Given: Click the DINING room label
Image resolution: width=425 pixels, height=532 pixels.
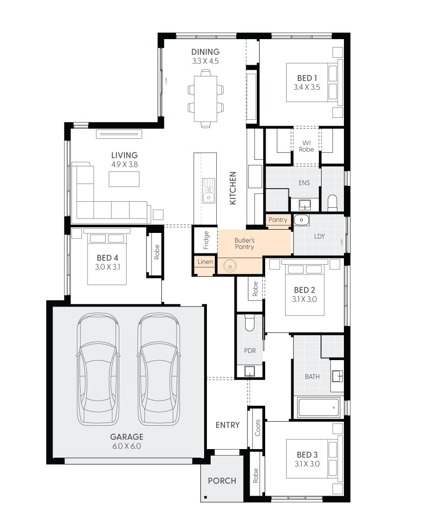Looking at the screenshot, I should tap(206, 52).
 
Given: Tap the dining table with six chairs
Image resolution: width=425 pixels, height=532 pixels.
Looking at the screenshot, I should tap(206, 98).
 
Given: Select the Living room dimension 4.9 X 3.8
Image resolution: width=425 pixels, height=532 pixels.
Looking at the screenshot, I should tap(124, 164).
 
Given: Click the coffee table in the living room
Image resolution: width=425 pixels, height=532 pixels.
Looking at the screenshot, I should tap(124, 179).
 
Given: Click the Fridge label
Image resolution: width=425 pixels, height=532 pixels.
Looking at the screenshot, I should tap(206, 240).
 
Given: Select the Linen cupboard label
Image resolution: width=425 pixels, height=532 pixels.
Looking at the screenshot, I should tap(205, 262).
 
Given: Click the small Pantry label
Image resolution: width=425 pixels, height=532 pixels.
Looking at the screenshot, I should tap(278, 220).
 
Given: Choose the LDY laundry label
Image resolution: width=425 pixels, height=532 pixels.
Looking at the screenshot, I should tap(319, 236).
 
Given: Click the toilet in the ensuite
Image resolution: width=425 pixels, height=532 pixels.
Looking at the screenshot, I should tap(332, 202).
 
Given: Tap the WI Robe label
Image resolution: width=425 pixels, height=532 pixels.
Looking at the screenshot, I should tap(307, 146).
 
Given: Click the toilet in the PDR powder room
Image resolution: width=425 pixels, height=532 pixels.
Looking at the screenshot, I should tap(249, 323).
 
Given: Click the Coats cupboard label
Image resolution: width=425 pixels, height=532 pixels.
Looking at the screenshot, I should tap(258, 428).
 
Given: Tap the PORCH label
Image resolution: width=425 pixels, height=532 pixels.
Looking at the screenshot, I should tap(222, 481).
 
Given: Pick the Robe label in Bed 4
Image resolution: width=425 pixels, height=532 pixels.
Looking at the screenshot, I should tap(157, 252).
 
